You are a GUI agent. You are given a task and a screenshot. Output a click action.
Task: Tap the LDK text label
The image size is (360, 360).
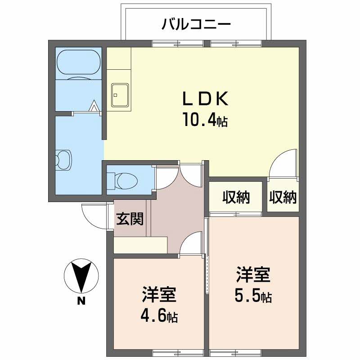(205, 99)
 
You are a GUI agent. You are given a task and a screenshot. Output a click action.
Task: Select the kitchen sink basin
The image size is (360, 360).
(119, 95)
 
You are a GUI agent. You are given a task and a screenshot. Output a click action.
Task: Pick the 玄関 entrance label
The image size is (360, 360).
(130, 219)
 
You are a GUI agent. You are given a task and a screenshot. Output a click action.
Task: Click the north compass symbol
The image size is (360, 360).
(80, 276)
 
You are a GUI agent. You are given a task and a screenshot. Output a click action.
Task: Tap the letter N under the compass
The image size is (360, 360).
(81, 302)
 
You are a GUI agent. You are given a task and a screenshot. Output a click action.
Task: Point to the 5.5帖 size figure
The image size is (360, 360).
(252, 296)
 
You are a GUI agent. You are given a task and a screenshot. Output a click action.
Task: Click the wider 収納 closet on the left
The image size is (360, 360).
(235, 197)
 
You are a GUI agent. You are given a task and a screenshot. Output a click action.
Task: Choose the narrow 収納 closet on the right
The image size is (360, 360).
(283, 197)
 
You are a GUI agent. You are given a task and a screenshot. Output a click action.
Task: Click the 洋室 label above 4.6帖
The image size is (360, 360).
(158, 295)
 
